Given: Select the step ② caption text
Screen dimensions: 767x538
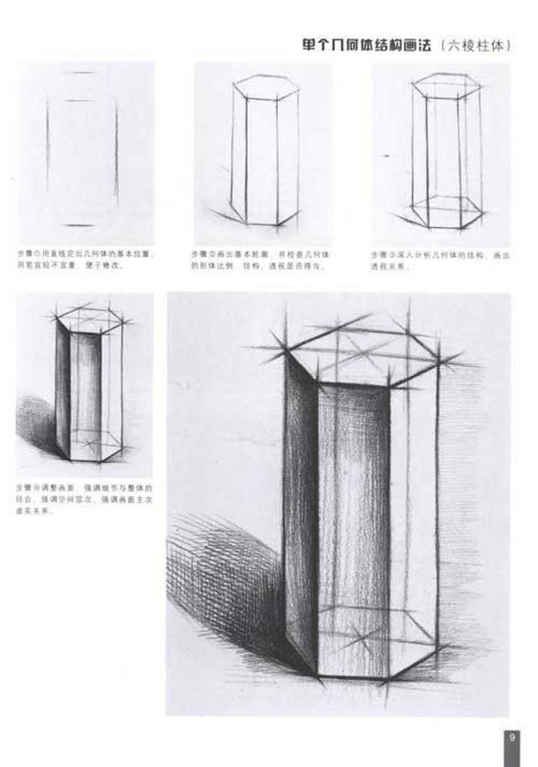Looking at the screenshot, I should click(260, 259).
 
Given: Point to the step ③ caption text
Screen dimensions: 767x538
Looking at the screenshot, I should click(440, 259).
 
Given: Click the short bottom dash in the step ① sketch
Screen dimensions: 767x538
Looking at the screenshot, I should click(79, 225).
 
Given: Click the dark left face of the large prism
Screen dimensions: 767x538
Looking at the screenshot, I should click(301, 515).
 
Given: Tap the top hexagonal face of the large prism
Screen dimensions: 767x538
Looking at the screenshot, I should click(361, 350).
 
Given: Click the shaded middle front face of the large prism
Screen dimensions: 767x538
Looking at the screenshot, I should click(354, 530).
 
